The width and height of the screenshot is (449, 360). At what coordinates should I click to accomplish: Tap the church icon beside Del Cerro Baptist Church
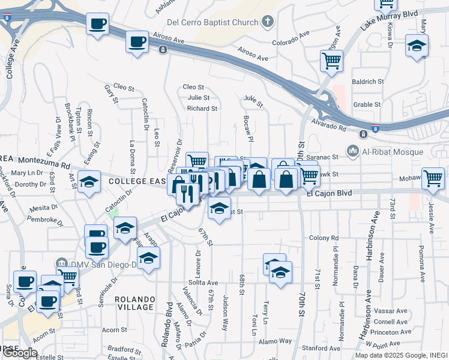tap(268, 22)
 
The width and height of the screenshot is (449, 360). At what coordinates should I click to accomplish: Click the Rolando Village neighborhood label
tap(134, 302)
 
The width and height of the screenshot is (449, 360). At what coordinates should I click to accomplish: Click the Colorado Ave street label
tap(289, 43)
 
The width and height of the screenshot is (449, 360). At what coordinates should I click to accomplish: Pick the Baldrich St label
tap(368, 81)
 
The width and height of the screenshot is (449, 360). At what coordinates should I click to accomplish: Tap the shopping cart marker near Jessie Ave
tap(432, 178)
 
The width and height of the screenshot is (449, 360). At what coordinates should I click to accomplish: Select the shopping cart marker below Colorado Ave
tap(331, 60)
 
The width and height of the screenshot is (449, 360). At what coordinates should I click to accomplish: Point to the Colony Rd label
tap(324, 238)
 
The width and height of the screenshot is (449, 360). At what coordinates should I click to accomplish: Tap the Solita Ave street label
tap(202, 282)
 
